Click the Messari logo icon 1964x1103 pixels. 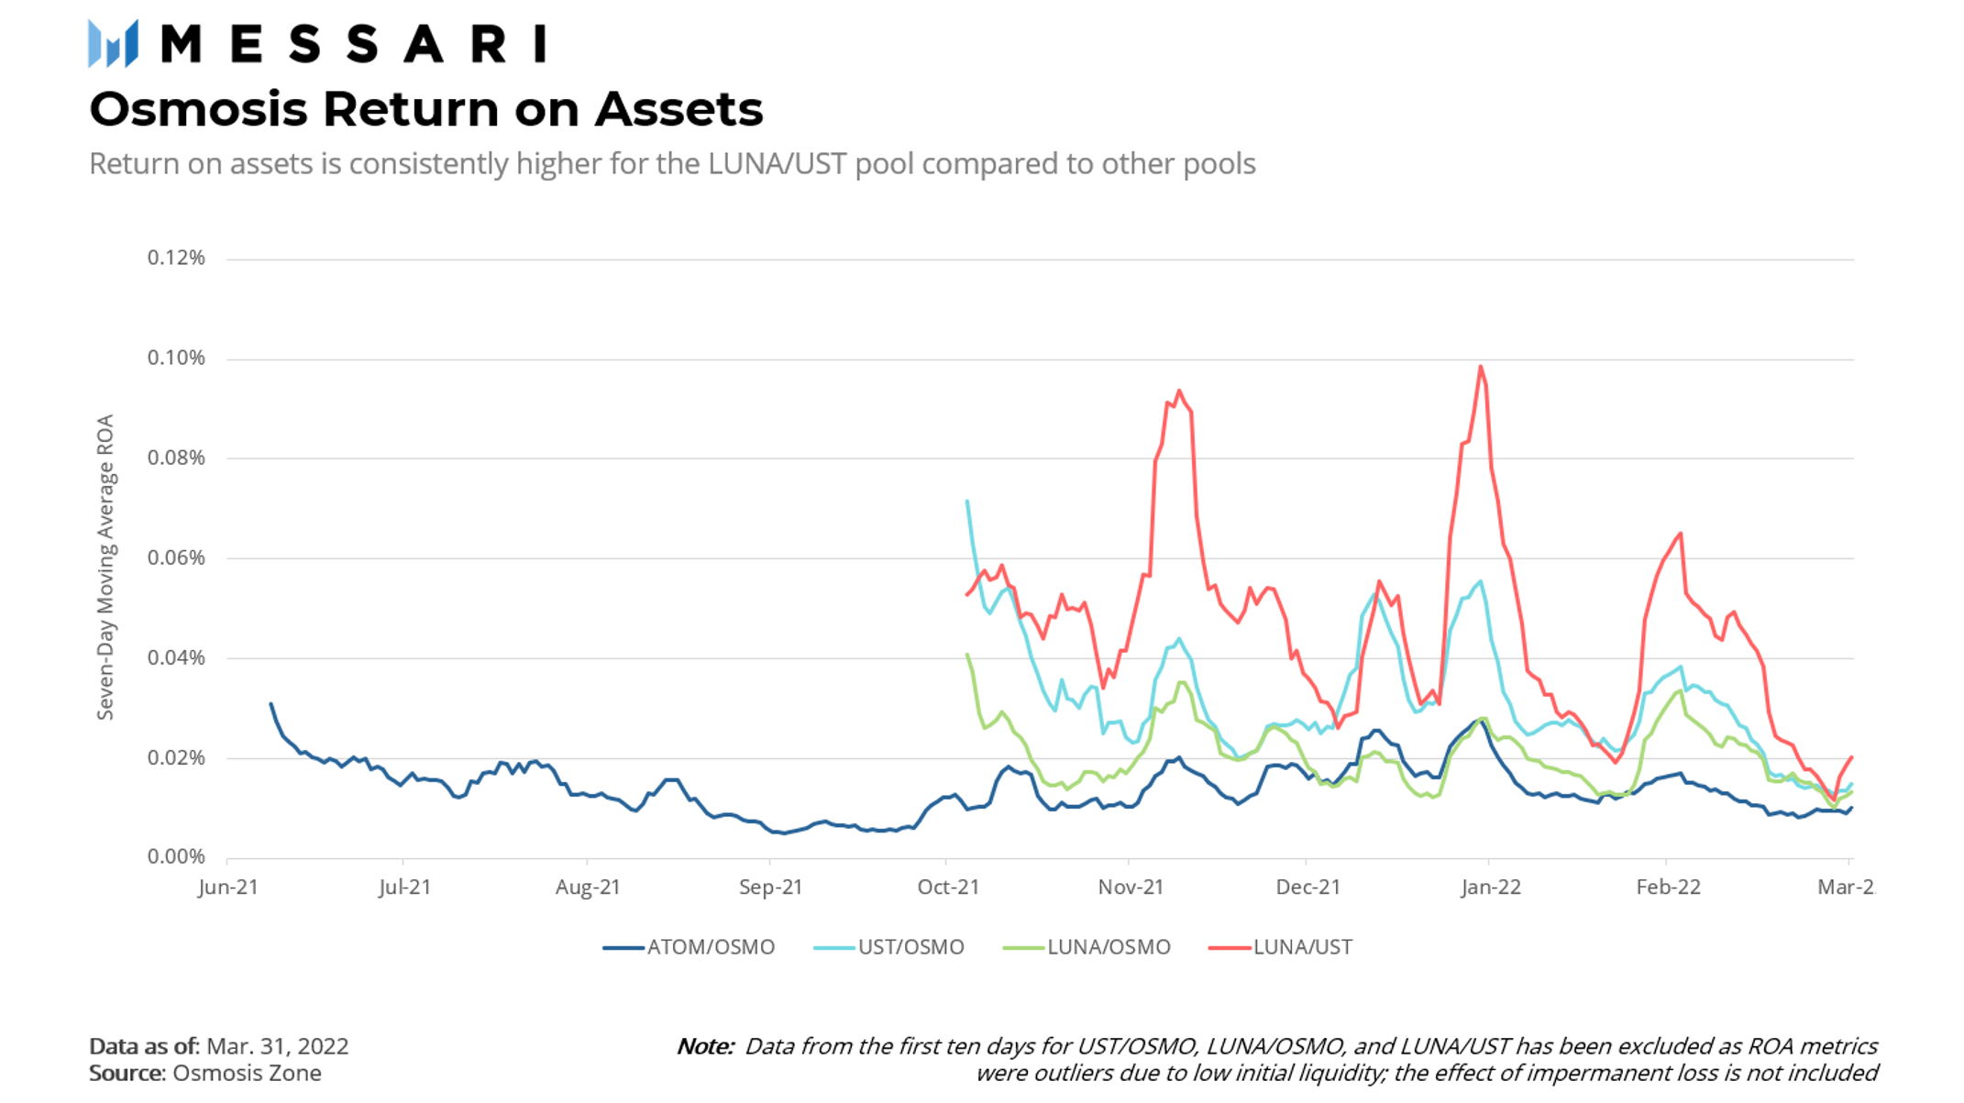point(113,43)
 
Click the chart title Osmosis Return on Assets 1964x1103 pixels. point(426,109)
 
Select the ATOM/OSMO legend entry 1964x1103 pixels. point(689,947)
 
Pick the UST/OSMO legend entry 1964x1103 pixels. point(888,947)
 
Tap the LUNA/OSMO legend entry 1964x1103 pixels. point(1087,947)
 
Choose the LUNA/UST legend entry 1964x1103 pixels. point(1280,947)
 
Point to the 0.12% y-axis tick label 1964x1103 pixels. point(176,258)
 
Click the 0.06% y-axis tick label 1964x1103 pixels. point(176,557)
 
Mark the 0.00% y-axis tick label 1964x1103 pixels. point(176,856)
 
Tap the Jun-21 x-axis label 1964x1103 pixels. point(228,888)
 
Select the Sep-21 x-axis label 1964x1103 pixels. point(771,888)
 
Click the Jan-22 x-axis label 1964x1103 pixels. point(1491,888)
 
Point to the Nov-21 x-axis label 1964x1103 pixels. point(1131,888)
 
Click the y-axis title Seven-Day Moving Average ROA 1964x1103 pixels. point(105,567)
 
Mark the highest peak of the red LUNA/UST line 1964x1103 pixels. point(1481,367)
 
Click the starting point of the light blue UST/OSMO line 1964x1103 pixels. point(967,501)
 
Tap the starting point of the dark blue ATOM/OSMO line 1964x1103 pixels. point(270,703)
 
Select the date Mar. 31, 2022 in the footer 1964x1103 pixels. point(278,1047)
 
